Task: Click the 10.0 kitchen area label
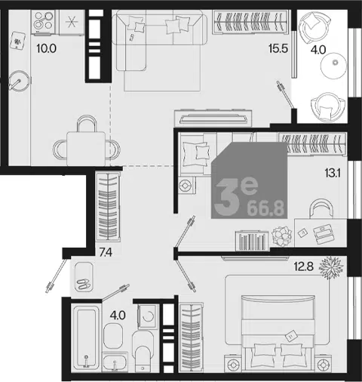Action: pyautogui.click(x=46, y=48)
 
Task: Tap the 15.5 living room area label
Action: pyautogui.click(x=278, y=48)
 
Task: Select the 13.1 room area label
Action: pyautogui.click(x=333, y=173)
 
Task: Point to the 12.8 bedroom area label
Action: pyautogui.click(x=304, y=266)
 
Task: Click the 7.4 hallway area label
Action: pyautogui.click(x=106, y=252)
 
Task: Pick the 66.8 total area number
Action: pyautogui.click(x=265, y=208)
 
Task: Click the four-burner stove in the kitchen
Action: pyautogui.click(x=43, y=21)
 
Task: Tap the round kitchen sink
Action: pyautogui.click(x=20, y=81)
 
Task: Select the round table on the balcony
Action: pyautogui.click(x=334, y=66)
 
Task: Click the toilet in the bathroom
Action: pyautogui.click(x=143, y=351)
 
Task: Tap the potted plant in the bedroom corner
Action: pyautogui.click(x=331, y=267)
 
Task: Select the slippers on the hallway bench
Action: pyautogui.click(x=84, y=284)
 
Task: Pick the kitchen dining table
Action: pyautogui.click(x=86, y=149)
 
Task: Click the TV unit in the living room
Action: pyautogui.click(x=213, y=118)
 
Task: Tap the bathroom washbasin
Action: pyautogui.click(x=115, y=362)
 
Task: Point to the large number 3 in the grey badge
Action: pyautogui.click(x=226, y=198)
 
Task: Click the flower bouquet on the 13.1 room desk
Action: pyautogui.click(x=282, y=236)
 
